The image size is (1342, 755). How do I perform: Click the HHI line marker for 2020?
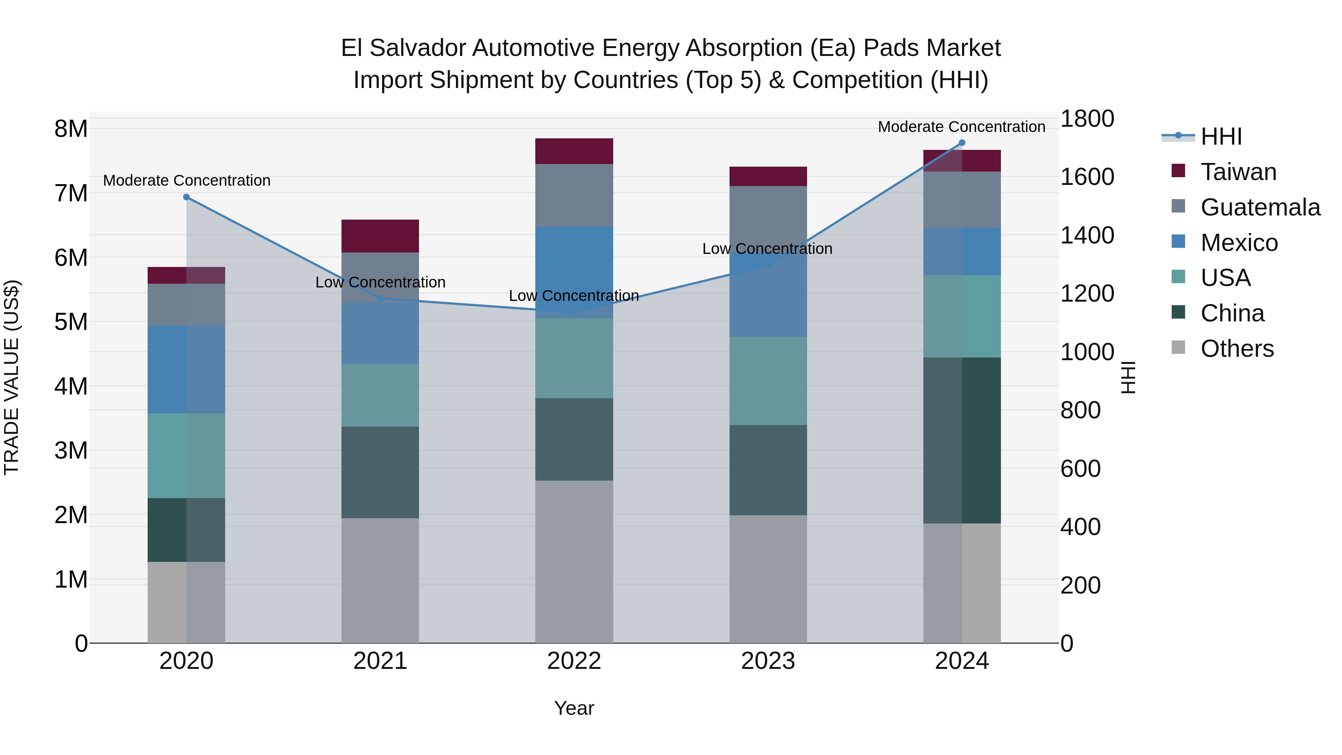click(186, 197)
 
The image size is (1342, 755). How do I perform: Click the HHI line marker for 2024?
click(962, 143)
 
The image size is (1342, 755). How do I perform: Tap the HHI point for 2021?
click(380, 299)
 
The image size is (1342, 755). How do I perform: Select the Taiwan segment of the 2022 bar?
click(574, 151)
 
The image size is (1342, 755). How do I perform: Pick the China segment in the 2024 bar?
click(962, 440)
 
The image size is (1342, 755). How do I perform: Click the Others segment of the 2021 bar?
click(380, 581)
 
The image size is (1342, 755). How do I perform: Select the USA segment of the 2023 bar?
click(768, 381)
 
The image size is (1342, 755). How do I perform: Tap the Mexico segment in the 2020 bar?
click(186, 369)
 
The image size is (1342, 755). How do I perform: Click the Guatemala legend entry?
click(1260, 207)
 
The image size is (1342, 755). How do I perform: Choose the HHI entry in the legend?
click(1220, 136)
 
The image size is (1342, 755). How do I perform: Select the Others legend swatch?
click(1178, 347)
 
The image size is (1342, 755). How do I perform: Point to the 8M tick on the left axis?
click(71, 129)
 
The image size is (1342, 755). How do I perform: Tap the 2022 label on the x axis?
click(574, 661)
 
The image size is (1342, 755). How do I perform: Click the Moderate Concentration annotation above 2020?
click(186, 180)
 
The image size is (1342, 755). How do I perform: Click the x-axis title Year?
click(574, 708)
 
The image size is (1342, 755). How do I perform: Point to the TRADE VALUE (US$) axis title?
click(12, 377)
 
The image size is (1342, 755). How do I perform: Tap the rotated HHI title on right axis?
click(1128, 377)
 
